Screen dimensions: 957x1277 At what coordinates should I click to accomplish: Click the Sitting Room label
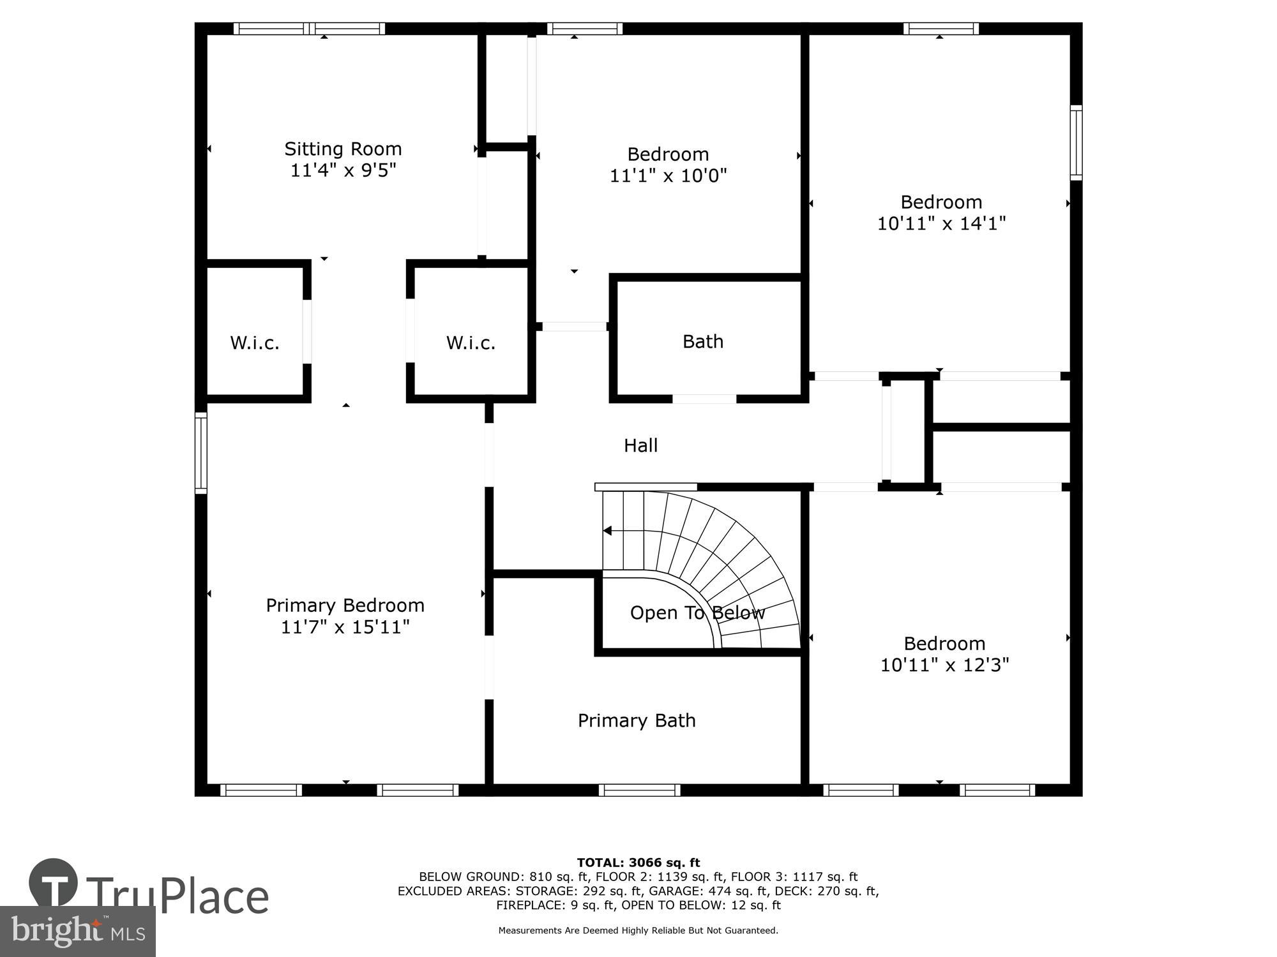tap(343, 149)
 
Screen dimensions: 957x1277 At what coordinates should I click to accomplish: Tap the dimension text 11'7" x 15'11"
tap(345, 627)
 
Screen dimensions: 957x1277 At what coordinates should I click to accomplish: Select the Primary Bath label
tap(637, 720)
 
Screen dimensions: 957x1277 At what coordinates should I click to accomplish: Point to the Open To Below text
tap(697, 613)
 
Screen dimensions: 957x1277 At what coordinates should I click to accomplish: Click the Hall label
tap(640, 445)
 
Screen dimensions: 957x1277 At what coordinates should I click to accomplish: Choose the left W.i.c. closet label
tap(255, 343)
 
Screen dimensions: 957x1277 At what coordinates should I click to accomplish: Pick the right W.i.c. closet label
tap(471, 343)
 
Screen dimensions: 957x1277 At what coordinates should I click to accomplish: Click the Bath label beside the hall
tap(703, 342)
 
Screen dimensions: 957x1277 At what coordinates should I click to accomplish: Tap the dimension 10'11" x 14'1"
tap(941, 224)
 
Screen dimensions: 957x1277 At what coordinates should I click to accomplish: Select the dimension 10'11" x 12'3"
tap(944, 665)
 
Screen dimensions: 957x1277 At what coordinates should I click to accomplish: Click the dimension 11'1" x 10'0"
tap(668, 175)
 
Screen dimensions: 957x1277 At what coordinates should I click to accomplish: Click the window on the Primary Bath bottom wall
tap(640, 790)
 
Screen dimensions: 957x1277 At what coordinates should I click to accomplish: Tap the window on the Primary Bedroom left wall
tap(201, 453)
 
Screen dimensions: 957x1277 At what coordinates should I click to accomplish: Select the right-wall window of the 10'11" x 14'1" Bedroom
tap(1076, 142)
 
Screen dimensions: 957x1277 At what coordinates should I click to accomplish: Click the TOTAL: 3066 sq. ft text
tap(638, 863)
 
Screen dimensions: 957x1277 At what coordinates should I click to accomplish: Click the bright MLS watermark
tap(78, 931)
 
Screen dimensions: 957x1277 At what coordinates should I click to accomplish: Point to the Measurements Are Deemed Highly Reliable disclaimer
tap(638, 931)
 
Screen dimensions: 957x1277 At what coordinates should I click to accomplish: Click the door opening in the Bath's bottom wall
tap(704, 399)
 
